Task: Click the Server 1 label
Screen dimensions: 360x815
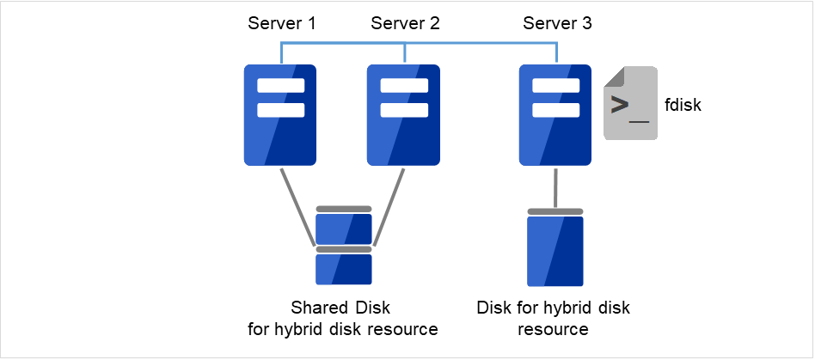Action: [282, 23]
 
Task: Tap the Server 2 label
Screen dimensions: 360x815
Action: [405, 23]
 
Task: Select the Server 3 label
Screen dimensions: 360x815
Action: [557, 23]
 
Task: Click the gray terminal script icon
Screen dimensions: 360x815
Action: [631, 104]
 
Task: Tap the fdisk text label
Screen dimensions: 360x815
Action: [684, 107]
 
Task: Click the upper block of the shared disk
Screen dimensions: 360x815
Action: [344, 229]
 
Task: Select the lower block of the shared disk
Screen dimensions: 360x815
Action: [344, 269]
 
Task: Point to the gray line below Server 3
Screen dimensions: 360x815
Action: [555, 186]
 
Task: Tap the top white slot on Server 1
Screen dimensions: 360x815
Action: [281, 86]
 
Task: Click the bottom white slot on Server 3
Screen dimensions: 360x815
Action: [556, 110]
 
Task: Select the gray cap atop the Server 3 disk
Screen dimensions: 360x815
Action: [555, 211]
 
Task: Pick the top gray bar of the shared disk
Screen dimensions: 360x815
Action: [344, 209]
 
